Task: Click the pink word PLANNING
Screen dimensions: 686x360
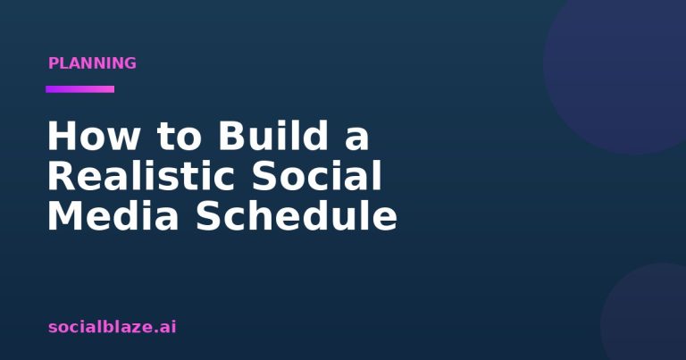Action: click(x=92, y=63)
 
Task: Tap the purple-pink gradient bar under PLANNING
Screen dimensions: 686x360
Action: click(x=80, y=89)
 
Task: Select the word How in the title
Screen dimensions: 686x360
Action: click(x=93, y=136)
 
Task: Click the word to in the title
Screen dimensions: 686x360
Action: click(x=179, y=136)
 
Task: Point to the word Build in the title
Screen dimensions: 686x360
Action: click(x=273, y=135)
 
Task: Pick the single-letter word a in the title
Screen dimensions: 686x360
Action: click(x=357, y=139)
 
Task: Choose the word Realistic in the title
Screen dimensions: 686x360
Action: click(x=141, y=175)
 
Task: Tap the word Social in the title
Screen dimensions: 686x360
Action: click(x=317, y=175)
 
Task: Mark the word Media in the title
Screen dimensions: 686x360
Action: click(x=113, y=215)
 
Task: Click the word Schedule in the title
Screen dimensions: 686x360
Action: click(x=297, y=215)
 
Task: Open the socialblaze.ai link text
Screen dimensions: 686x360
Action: click(x=113, y=326)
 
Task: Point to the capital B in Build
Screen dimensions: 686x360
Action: click(x=231, y=136)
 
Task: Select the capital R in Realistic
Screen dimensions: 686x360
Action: click(x=61, y=175)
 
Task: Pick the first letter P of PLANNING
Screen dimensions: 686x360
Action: click(x=54, y=63)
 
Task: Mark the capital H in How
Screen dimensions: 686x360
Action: click(x=60, y=136)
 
